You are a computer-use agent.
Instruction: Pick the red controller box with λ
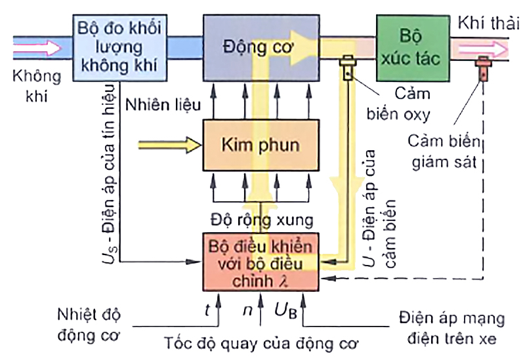(261, 261)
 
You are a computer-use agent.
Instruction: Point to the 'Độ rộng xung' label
(261, 218)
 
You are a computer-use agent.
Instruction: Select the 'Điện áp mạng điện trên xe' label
(452, 330)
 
